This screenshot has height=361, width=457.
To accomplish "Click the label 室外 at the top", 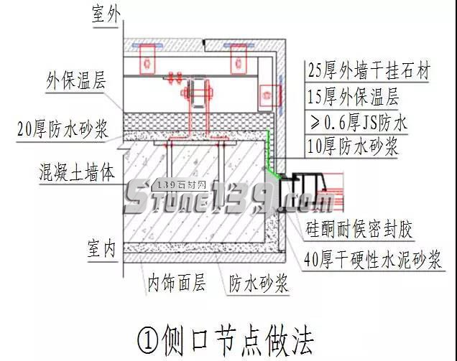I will coord(107,15).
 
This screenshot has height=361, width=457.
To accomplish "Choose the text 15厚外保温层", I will coord(352,96).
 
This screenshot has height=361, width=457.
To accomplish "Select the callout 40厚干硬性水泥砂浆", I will coord(374,257).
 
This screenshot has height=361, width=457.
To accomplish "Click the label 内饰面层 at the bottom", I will coord(177,282).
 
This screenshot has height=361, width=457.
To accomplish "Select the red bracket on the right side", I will coord(268,93).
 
